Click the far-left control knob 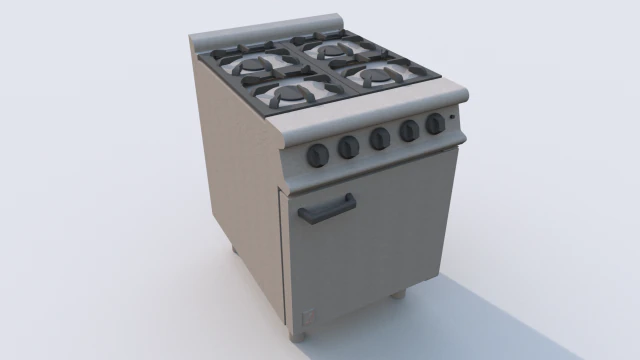(x=318, y=154)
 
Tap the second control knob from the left (x=348, y=147)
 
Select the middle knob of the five (x=380, y=138)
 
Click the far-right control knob (x=435, y=124)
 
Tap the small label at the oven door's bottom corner (x=307, y=322)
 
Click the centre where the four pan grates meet (x=318, y=70)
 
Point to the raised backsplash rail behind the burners (x=270, y=28)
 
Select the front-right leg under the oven (x=397, y=294)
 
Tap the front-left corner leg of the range (x=297, y=337)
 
